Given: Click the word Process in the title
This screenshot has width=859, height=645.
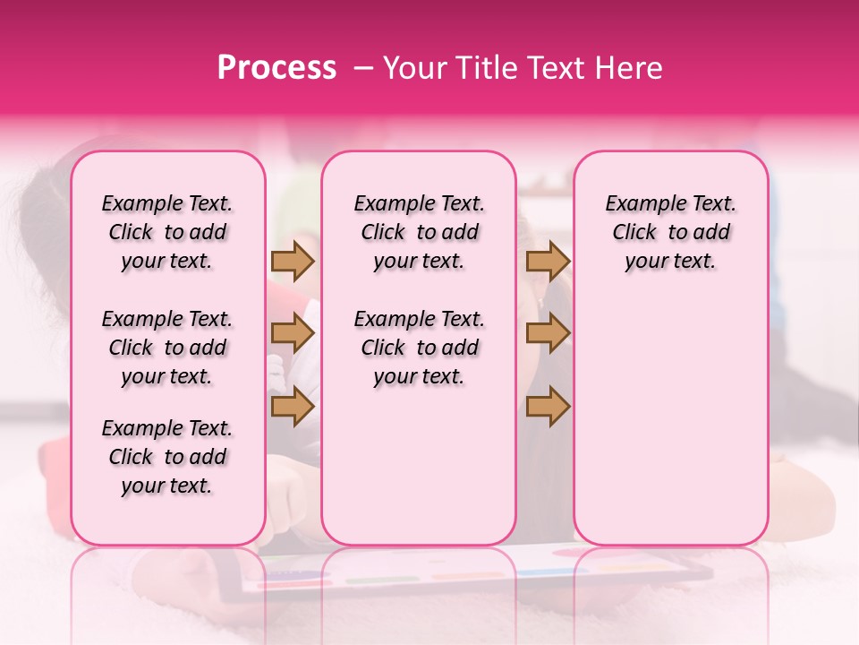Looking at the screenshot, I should [276, 68].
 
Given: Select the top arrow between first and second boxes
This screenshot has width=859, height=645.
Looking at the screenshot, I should [293, 261].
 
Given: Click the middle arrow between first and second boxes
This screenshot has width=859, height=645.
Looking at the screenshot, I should [293, 334].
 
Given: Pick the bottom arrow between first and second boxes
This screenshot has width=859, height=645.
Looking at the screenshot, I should [293, 407].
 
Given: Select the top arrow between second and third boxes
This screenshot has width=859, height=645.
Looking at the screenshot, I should [548, 261].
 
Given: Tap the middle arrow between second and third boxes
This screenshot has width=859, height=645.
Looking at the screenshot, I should [548, 334].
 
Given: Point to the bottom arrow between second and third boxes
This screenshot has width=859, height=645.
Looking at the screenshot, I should [548, 407].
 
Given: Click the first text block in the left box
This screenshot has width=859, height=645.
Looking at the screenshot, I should [167, 232].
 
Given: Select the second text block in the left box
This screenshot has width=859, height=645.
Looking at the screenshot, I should [167, 348].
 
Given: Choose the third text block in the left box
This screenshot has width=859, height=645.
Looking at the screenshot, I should [167, 457].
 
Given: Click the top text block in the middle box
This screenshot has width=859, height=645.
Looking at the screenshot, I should [419, 232].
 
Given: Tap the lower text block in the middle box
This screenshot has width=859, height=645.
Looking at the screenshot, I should [419, 348].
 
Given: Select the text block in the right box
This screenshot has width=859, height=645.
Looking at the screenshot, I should [671, 232].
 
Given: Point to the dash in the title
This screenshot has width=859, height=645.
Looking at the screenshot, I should [363, 68].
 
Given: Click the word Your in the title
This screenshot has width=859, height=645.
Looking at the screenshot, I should [409, 68].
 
